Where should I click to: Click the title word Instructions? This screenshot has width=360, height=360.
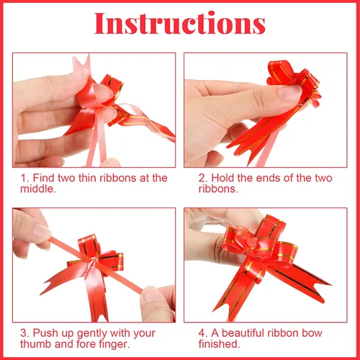180,23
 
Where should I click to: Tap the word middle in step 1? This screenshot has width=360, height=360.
37,189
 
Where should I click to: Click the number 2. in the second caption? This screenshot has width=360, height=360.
203,178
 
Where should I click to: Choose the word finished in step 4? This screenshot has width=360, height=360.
219,344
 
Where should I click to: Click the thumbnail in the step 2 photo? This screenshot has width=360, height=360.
290,93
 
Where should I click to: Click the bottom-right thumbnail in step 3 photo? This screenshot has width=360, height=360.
152,294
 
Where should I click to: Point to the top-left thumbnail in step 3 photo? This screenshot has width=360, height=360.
41,231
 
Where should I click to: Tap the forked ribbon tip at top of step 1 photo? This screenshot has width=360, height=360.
81,63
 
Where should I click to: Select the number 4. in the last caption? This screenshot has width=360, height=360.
203,333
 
